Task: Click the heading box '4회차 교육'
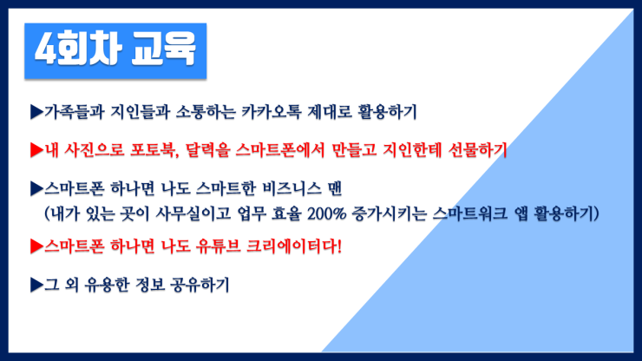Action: [115, 51]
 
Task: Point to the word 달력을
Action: [207, 150]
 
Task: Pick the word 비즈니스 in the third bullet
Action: [292, 188]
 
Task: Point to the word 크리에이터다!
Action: [293, 246]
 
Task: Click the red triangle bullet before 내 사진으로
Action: [36, 150]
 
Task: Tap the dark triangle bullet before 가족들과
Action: [36, 111]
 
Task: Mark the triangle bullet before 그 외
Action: [36, 285]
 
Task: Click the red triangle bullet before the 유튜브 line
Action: [36, 246]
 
